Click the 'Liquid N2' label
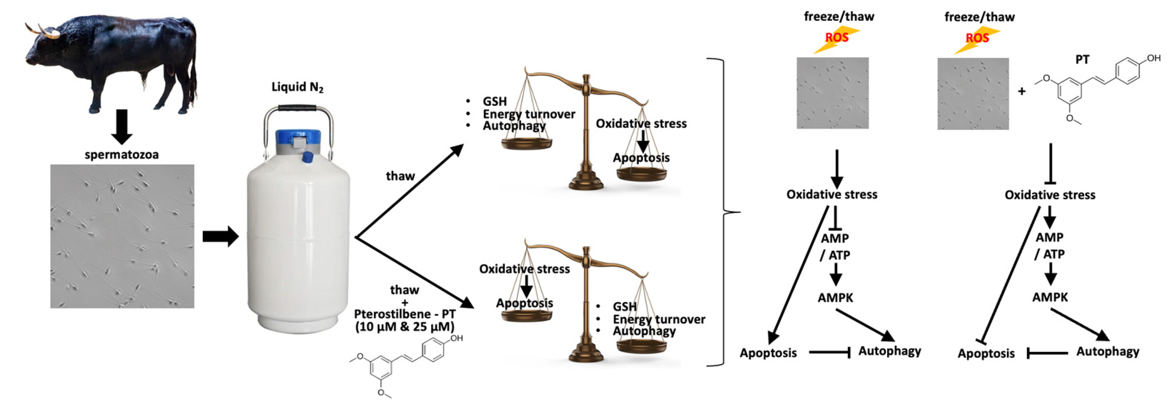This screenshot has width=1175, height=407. [297, 87]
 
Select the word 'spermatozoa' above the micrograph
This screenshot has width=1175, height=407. [122, 155]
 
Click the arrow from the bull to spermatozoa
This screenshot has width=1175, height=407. [122, 126]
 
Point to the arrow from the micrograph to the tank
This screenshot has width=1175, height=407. [221, 236]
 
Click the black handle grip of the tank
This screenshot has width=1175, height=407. [297, 108]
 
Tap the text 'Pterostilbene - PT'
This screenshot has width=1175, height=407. [405, 314]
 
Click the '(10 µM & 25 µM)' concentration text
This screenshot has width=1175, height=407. [405, 327]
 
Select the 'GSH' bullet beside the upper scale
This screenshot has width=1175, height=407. [494, 101]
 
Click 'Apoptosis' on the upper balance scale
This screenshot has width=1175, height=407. [641, 158]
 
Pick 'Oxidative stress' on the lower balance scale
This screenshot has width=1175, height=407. [524, 269]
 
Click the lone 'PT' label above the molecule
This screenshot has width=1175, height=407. [1082, 60]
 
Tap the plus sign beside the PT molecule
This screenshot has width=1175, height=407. [1022, 91]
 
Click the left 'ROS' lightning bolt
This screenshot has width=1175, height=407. [836, 39]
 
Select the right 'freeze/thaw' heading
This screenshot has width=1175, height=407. [979, 17]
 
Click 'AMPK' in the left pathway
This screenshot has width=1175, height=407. [835, 297]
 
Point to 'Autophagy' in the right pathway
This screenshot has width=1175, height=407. [1108, 351]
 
